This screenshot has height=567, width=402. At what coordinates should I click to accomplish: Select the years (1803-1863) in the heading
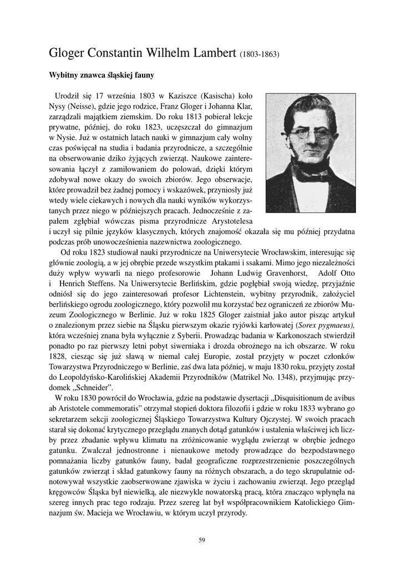coord(259,55)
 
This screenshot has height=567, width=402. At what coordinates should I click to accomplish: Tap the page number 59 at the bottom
coord(202,540)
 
